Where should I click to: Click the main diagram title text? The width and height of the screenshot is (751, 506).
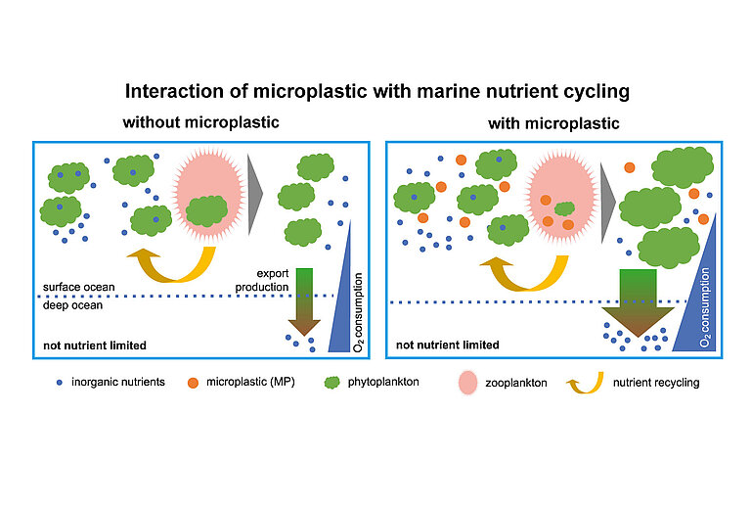(375, 92)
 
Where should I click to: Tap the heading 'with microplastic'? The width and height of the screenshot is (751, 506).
(553, 124)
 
